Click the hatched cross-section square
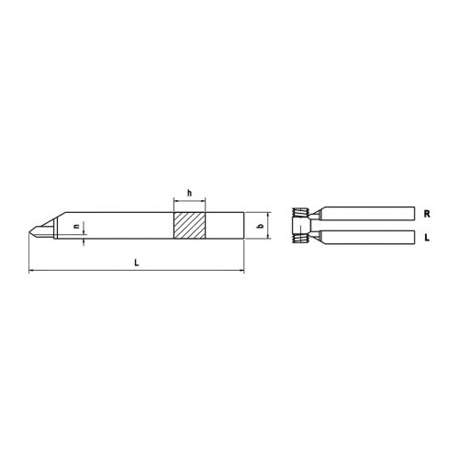(x=191, y=226)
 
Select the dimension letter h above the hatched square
(x=189, y=193)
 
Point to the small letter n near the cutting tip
(x=76, y=224)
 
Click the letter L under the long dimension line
(x=136, y=263)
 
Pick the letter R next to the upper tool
(x=427, y=212)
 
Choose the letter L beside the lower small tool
(x=427, y=237)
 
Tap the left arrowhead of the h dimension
(x=177, y=200)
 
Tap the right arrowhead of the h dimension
(x=205, y=200)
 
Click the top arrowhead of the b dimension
(x=269, y=214)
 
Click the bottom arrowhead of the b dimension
(x=269, y=238)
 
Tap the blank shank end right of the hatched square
(x=225, y=226)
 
